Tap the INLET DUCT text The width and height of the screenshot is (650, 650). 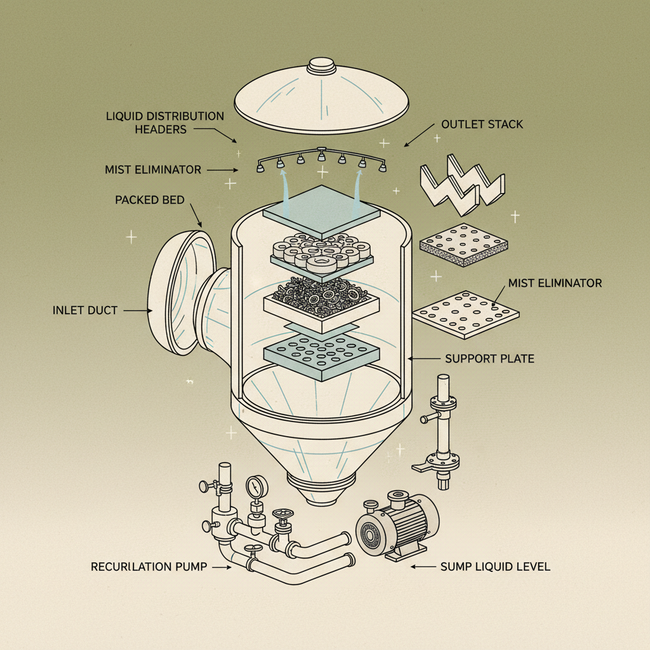tap(85, 311)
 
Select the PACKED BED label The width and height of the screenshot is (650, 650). tap(150, 200)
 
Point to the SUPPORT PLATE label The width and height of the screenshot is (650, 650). tap(489, 359)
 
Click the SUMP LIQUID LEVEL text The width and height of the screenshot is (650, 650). tap(495, 567)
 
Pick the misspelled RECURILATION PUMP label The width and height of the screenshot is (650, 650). tap(149, 567)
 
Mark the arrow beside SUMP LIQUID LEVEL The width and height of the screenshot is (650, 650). tap(423, 567)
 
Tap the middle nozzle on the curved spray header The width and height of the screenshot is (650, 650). tap(322, 155)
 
